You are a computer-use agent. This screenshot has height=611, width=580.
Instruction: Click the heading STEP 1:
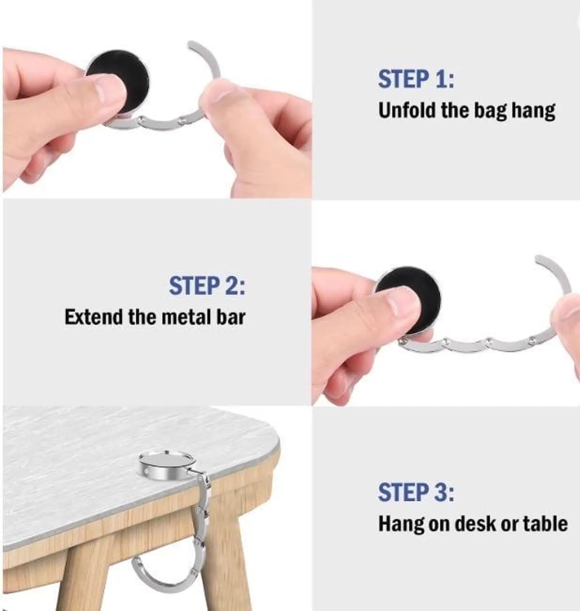(x=416, y=79)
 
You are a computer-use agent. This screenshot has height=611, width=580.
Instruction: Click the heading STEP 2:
(x=207, y=286)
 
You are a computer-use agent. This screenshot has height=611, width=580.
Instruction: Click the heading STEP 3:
(x=416, y=492)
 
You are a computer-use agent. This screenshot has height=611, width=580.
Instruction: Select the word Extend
(x=94, y=317)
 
